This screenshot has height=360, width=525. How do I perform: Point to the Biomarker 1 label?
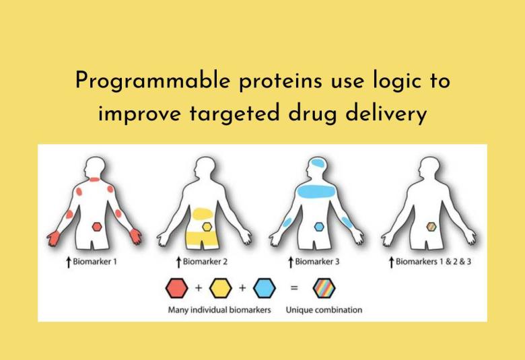pyautogui.click(x=94, y=261)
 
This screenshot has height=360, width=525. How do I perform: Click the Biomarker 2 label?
pyautogui.click(x=207, y=261)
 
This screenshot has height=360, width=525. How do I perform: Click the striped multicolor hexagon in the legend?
pyautogui.click(x=324, y=289)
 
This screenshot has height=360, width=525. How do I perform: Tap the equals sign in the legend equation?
pyautogui.click(x=293, y=289)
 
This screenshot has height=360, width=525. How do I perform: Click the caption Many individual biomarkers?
pyautogui.click(x=219, y=310)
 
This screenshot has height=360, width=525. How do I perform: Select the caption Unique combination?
pyautogui.click(x=324, y=310)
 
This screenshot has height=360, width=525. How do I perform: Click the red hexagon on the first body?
pyautogui.click(x=97, y=227)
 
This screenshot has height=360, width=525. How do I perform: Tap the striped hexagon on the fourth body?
pyautogui.click(x=431, y=227)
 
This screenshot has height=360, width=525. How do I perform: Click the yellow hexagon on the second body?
pyautogui.click(x=206, y=227)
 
